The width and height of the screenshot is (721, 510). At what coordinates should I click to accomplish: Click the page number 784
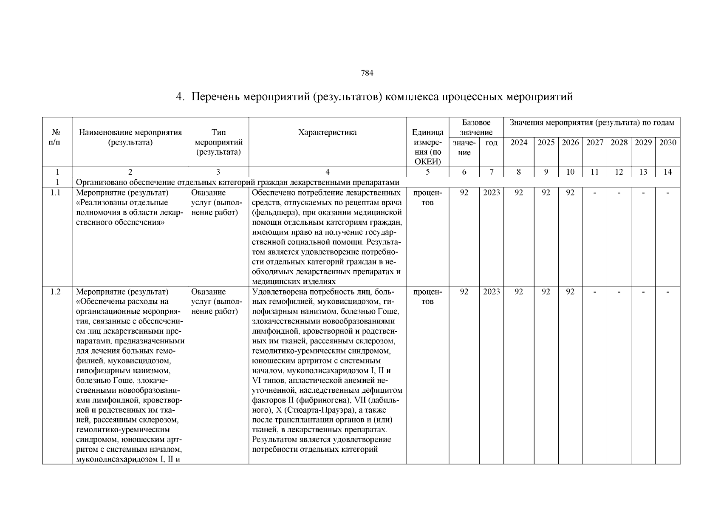tap(367, 73)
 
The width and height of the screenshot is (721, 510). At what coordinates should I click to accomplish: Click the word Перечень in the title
tap(215, 97)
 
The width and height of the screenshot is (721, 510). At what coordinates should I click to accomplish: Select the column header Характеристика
tap(327, 132)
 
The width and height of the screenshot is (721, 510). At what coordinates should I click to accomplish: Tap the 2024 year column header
tap(518, 143)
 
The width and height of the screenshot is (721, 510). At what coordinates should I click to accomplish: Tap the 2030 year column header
tap(667, 143)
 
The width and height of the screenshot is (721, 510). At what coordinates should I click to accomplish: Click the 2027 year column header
tap(595, 143)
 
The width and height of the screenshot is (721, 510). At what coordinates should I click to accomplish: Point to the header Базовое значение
tap(476, 127)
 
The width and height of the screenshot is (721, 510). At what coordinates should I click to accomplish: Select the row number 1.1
tap(56, 193)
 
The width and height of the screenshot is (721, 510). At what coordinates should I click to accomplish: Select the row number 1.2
tap(56, 292)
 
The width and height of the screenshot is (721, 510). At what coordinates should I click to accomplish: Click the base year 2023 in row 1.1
tap(492, 193)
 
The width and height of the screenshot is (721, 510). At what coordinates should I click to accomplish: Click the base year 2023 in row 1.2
tap(492, 292)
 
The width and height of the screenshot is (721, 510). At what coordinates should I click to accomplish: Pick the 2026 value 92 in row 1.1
tap(570, 193)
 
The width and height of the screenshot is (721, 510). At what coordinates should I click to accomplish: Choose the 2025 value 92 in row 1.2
tap(546, 292)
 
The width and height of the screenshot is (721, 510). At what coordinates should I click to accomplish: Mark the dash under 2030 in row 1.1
tap(667, 193)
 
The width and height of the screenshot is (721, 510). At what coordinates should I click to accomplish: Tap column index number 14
tap(667, 172)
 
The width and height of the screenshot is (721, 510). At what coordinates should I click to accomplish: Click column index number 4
tap(327, 172)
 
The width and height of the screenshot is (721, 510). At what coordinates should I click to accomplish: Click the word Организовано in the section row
tap(99, 183)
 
